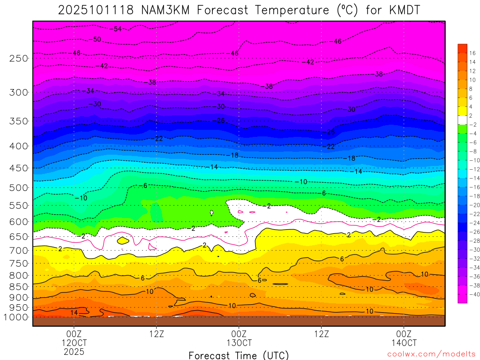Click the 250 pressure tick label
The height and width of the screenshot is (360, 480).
(18, 59)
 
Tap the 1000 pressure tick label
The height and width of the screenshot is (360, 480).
(16, 317)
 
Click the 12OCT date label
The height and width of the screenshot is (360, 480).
(74, 342)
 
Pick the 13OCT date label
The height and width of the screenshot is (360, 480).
(239, 342)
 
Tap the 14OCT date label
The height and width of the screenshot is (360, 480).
(404, 342)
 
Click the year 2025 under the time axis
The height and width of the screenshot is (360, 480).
(74, 351)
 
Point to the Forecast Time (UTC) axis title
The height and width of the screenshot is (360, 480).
(239, 355)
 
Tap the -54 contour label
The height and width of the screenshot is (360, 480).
(116, 29)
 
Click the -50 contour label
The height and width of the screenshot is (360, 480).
(95, 40)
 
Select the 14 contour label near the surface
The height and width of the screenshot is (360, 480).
(74, 313)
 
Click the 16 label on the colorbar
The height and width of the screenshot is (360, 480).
(472, 53)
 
